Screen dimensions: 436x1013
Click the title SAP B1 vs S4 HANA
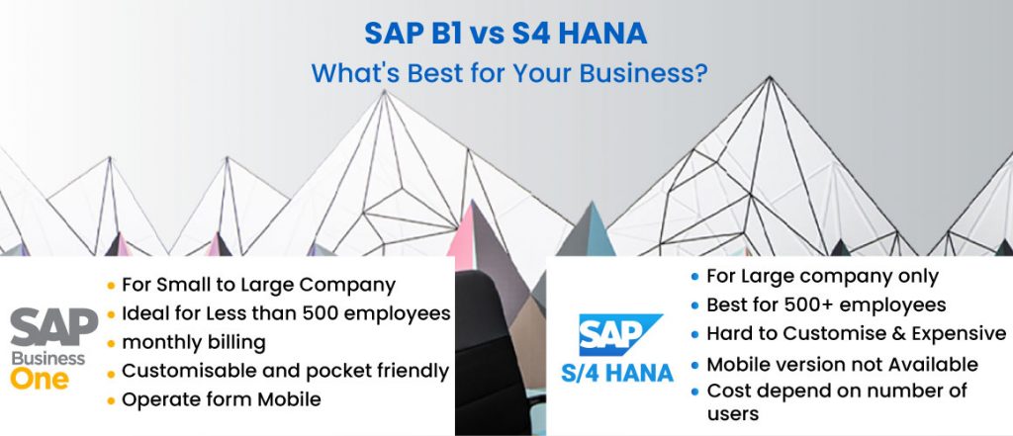(x=506, y=35)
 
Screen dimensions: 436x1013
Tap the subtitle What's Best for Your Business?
(x=506, y=73)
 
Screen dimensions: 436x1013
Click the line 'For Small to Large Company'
(x=258, y=285)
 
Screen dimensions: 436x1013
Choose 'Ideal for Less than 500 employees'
(x=286, y=313)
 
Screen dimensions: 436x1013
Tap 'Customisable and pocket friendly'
(x=285, y=371)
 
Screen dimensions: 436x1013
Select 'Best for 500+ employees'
(x=826, y=305)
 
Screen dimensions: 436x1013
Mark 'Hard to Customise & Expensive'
(x=856, y=333)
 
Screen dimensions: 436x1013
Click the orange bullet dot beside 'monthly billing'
(x=112, y=343)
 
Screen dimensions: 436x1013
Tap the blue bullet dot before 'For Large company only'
(x=696, y=277)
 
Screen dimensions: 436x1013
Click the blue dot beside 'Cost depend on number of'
(x=696, y=392)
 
